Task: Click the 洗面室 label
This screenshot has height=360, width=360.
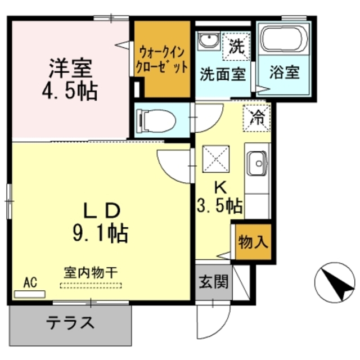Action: [223, 73]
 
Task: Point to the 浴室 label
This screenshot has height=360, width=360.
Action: [284, 73]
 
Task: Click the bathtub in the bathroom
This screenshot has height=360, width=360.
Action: [284, 39]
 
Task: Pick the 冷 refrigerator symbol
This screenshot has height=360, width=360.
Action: [256, 118]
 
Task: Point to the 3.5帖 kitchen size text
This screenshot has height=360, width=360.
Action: [220, 207]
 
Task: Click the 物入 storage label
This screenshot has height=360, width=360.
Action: [253, 243]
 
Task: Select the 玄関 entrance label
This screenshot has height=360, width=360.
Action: [213, 281]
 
